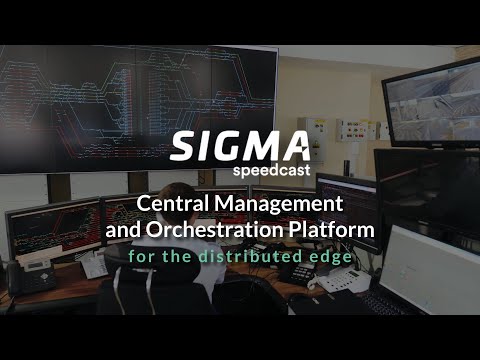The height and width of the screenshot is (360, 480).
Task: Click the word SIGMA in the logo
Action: tap(239, 146)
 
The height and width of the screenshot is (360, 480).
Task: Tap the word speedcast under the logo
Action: tap(272, 171)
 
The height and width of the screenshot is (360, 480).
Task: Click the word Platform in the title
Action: tap(331, 231)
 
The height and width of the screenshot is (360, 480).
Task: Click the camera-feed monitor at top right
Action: tap(430, 100)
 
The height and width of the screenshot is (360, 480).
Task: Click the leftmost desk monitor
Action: tap(50, 229)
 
